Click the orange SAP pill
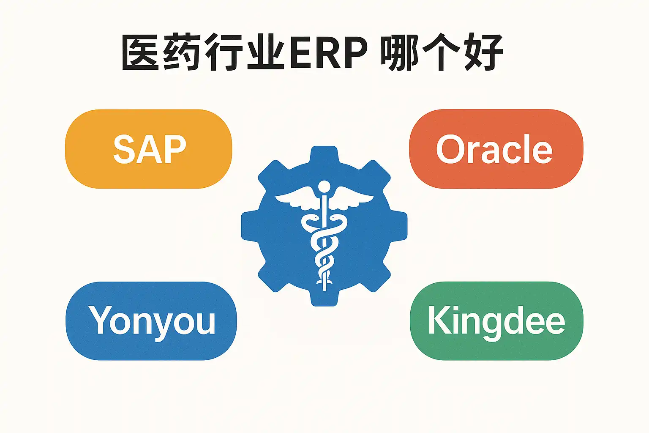[x=148, y=149]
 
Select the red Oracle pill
[x=496, y=149]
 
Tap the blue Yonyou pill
[x=151, y=321]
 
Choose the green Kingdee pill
[x=496, y=321]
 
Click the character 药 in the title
[x=182, y=52]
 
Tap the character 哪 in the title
[x=400, y=53]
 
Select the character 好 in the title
[x=484, y=53]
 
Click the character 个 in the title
[x=442, y=53]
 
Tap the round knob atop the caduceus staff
[x=324, y=186]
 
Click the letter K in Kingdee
[x=440, y=320]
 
